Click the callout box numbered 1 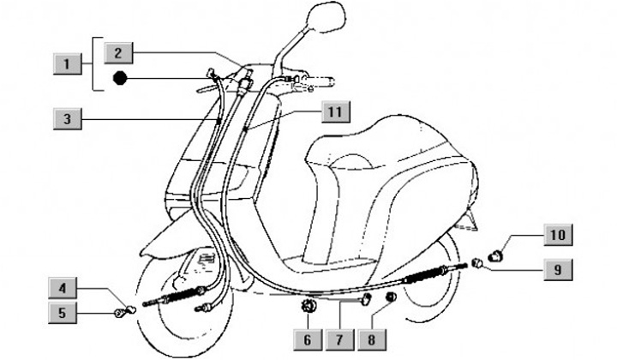pos(63,63)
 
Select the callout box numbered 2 pos(119,53)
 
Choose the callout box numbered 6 pos(307,338)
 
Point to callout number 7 pos(338,338)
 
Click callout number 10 pos(556,233)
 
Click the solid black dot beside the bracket pos(119,79)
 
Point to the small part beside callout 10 pos(495,254)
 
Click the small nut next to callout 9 pos(476,262)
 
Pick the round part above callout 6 pos(307,306)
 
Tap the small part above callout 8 pos(390,298)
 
